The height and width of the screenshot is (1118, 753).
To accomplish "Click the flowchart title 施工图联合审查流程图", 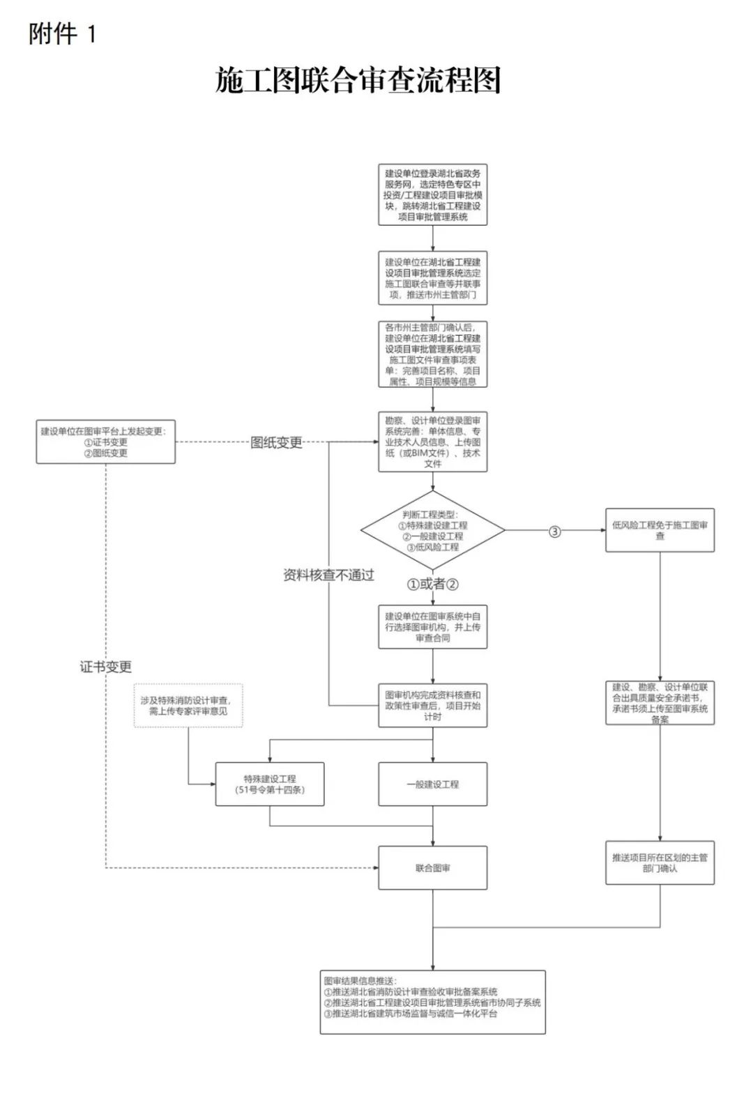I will pyautogui.click(x=358, y=81).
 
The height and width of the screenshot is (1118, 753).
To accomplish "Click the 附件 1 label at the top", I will pyautogui.click(x=61, y=33).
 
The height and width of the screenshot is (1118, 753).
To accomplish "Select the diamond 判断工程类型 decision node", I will pyautogui.click(x=432, y=531).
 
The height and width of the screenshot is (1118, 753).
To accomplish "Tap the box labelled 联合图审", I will pyautogui.click(x=432, y=868).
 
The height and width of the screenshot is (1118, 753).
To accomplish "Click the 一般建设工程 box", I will pyautogui.click(x=432, y=784).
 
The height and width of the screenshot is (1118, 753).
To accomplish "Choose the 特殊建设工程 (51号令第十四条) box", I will pyautogui.click(x=269, y=784).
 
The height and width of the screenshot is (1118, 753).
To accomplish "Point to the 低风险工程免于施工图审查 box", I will pyautogui.click(x=660, y=531).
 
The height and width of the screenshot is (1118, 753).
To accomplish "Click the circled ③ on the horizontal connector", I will pyautogui.click(x=555, y=531).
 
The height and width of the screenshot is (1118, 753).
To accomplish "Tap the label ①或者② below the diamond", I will pyautogui.click(x=433, y=584).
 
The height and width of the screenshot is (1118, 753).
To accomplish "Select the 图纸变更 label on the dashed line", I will pyautogui.click(x=276, y=442).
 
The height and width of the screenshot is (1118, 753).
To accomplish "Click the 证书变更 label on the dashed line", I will pyautogui.click(x=105, y=667).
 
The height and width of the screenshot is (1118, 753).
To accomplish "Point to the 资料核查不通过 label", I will pyautogui.click(x=328, y=575).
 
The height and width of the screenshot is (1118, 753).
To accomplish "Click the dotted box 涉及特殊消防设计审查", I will pyautogui.click(x=188, y=706).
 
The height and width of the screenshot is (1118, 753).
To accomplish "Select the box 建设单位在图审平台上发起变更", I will pyautogui.click(x=105, y=442).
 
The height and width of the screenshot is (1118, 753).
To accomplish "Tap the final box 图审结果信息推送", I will pyautogui.click(x=432, y=1002).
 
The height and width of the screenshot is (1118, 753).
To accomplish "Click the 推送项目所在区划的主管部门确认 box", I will pyautogui.click(x=660, y=863).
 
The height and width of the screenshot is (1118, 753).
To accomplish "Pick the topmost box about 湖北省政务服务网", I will pyautogui.click(x=432, y=195).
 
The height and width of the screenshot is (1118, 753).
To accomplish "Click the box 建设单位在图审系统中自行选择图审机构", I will pyautogui.click(x=432, y=627).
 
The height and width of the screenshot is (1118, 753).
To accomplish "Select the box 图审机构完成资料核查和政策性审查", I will pyautogui.click(x=432, y=705).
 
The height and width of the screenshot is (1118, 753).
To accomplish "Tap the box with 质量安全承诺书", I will pyautogui.click(x=660, y=703).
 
